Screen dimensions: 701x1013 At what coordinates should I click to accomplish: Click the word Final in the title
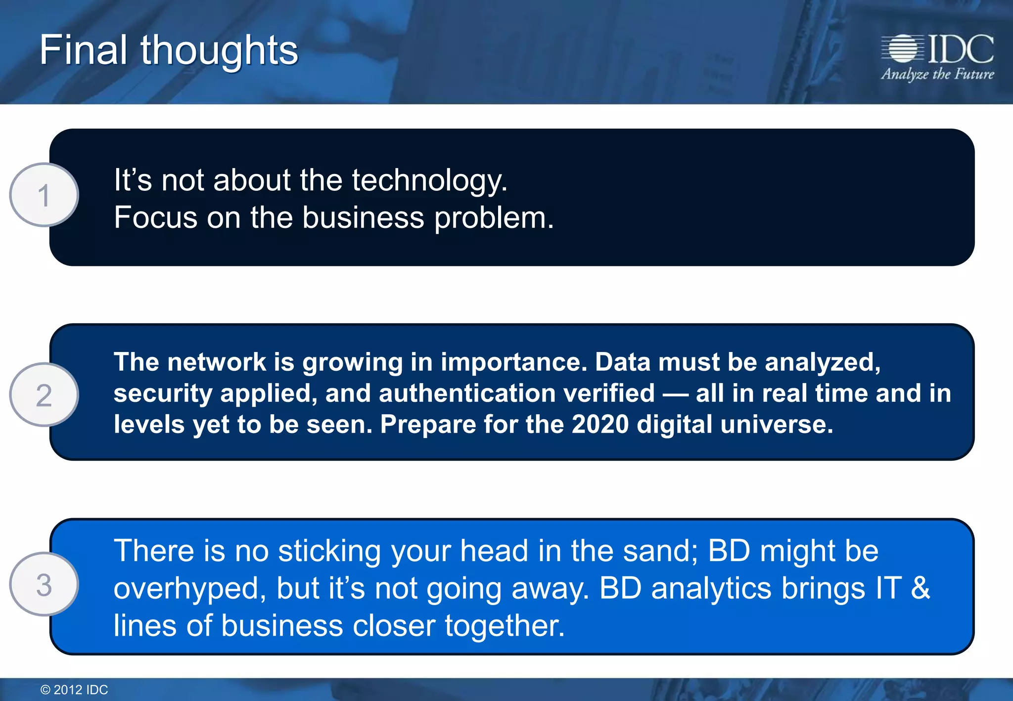pyautogui.click(x=83, y=50)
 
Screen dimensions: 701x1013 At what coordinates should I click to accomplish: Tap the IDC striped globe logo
pyautogui.click(x=903, y=48)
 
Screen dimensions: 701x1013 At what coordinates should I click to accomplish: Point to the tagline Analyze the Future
pyautogui.click(x=937, y=74)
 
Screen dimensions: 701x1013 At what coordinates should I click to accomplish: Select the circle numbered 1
pyautogui.click(x=44, y=195)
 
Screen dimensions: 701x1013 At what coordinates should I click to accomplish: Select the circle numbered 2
pyautogui.click(x=44, y=394)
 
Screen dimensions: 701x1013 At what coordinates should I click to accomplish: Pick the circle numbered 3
pyautogui.click(x=44, y=584)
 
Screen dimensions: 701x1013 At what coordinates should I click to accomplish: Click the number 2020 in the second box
pyautogui.click(x=599, y=424)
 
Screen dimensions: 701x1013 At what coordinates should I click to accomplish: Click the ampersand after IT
pyautogui.click(x=920, y=588)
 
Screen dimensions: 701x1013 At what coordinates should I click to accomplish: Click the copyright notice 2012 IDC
pyautogui.click(x=74, y=690)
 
